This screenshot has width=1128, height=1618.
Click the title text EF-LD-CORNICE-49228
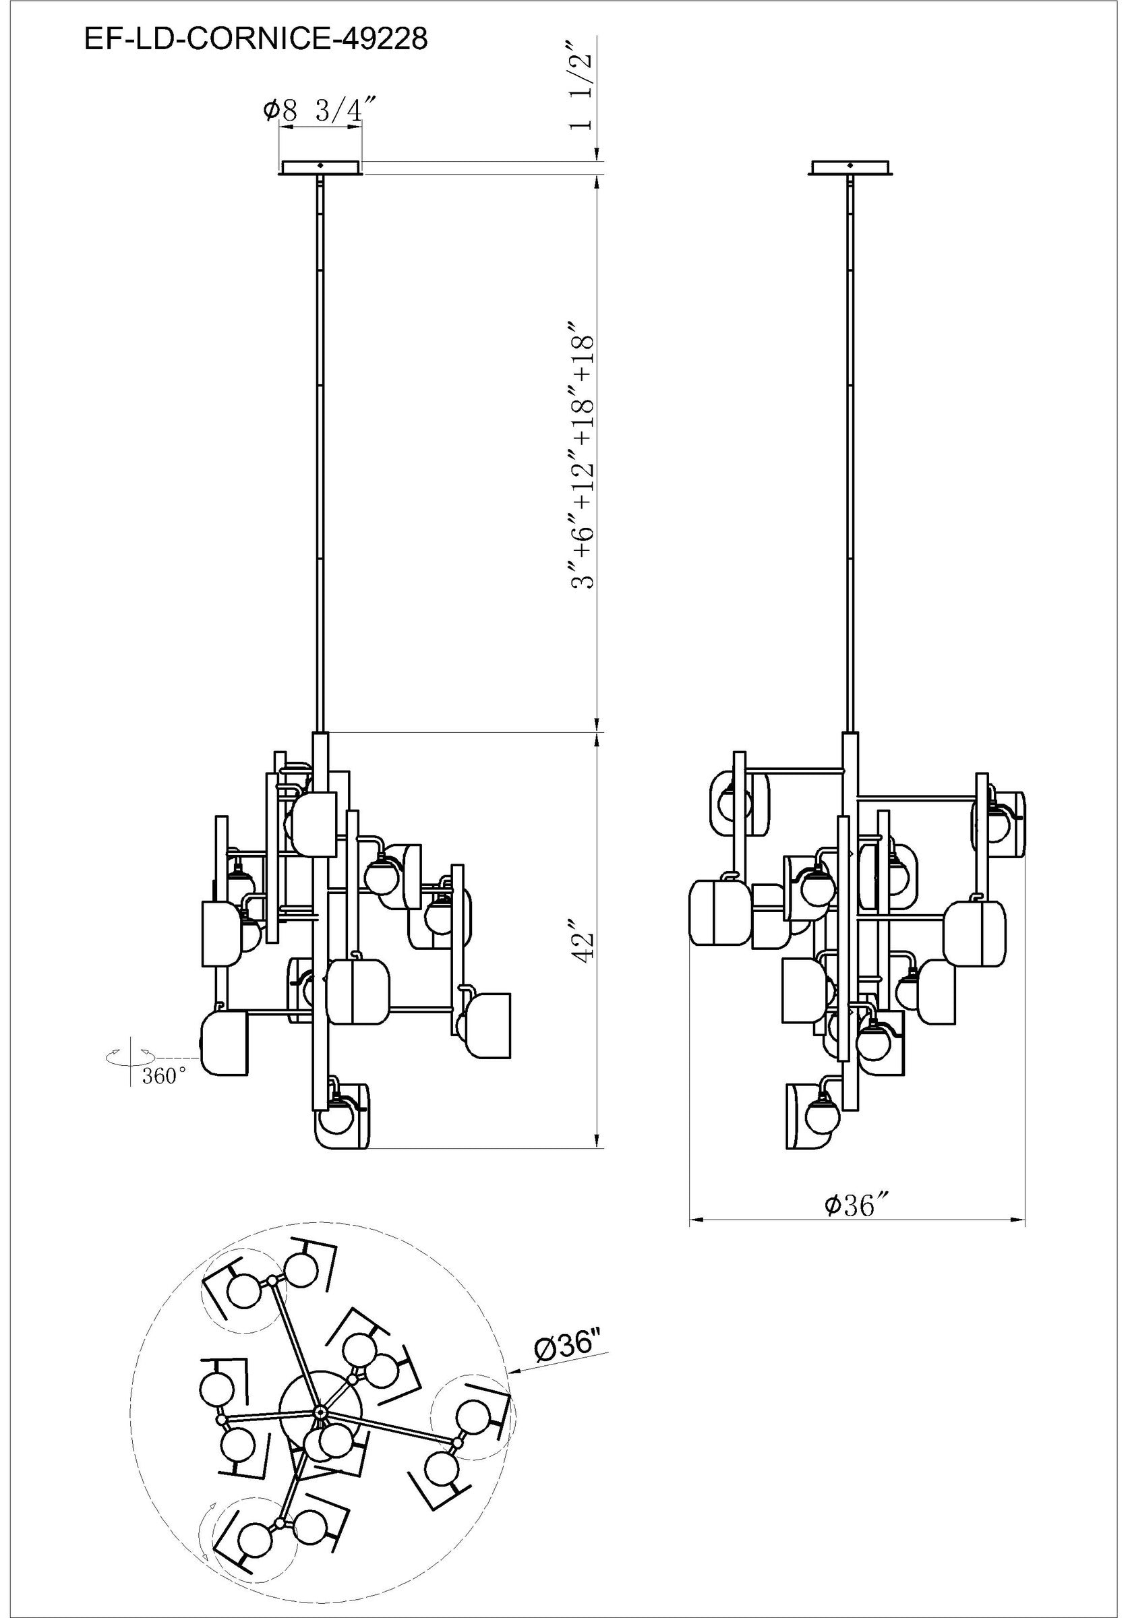click(255, 40)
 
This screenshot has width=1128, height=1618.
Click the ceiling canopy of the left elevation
click(320, 168)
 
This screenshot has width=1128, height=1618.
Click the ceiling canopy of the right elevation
click(851, 168)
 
